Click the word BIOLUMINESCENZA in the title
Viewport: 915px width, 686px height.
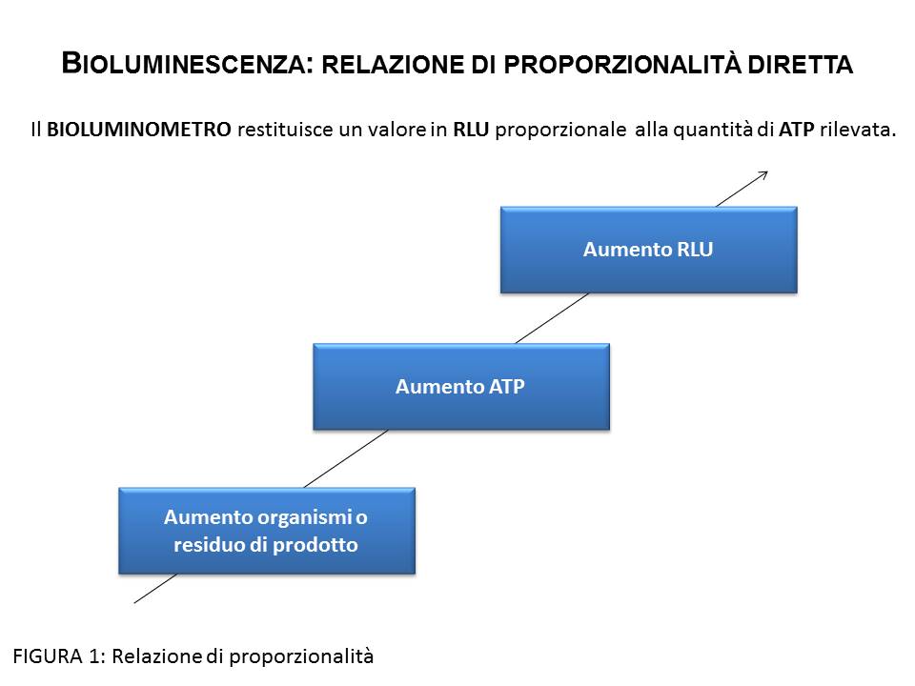183,63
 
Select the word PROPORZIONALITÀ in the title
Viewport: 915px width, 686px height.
622,64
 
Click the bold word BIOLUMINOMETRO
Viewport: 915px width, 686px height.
139,129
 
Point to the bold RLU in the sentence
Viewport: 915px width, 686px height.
471,129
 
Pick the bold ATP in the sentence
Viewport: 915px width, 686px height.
796,129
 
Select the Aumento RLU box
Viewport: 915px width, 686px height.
648,250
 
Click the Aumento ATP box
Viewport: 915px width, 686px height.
461,387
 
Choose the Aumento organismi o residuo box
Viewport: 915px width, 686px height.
267,531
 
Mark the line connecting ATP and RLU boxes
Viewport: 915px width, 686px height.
552,318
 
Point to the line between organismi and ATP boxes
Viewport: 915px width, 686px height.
346,458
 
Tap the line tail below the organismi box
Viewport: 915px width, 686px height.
134,602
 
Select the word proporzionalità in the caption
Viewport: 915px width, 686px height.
301,656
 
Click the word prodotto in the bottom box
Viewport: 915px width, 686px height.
315,545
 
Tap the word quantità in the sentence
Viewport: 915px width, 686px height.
712,130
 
